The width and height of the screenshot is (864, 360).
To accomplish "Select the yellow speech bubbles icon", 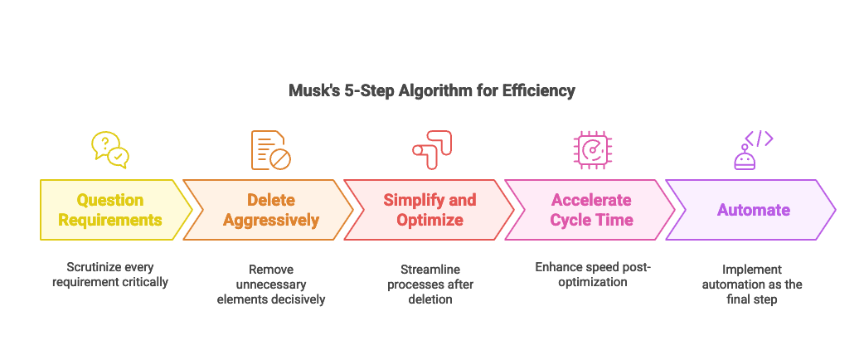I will pos(110,149).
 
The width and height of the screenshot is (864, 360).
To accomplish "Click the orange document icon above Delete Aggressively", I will pos(269,150).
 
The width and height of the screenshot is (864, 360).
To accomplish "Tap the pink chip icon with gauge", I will pos(593,150).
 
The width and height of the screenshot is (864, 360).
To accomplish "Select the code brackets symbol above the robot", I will pos(759,138).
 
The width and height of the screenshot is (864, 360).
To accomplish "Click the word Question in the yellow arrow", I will pos(110,200).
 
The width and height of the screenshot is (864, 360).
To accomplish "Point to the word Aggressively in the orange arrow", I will pos(270,220).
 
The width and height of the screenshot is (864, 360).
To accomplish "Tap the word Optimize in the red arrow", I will pos(430,220).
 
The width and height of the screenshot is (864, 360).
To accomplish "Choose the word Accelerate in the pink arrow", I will pos(591,200).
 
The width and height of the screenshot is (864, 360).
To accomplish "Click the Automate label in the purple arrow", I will pos(753,210).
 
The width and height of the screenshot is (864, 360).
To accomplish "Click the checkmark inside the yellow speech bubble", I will pos(119,155).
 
